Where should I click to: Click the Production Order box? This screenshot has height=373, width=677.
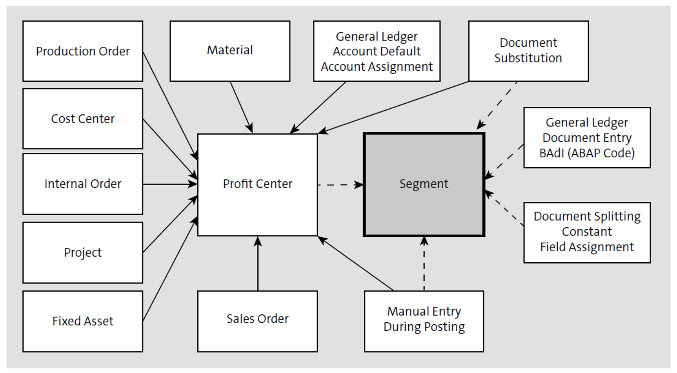point(83,51)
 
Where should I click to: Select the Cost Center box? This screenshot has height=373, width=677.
point(83,119)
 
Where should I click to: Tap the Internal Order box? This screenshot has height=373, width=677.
point(83,184)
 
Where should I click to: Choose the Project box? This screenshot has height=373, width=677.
point(83,252)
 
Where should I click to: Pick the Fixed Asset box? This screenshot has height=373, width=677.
point(83,321)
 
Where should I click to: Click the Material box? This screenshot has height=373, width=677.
point(230,50)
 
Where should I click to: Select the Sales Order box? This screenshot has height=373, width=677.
point(257,319)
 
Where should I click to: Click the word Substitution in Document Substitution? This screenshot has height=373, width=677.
point(528,58)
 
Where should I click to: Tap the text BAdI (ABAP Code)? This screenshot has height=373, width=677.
point(587,153)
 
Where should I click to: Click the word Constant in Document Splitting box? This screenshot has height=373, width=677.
point(587,232)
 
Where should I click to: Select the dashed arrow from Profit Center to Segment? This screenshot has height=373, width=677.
point(340,185)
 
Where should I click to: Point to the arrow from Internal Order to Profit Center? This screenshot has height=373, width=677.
point(169,184)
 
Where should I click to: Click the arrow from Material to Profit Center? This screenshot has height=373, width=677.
point(241,106)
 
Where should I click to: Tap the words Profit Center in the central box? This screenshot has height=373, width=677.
point(257,184)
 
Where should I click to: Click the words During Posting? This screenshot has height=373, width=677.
point(424,327)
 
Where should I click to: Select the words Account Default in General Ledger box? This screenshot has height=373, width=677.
point(377,51)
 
